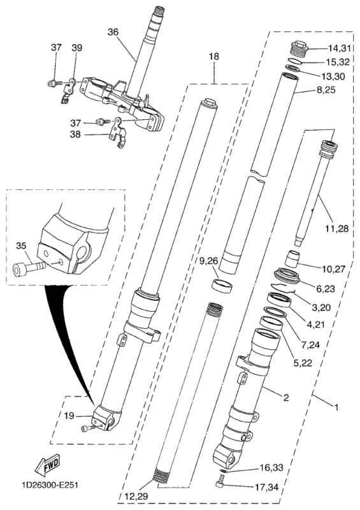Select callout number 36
pos(113,32)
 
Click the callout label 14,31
pos(339,48)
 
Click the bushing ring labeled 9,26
pos(222,285)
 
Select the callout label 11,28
pos(336,229)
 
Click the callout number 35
pos(21,245)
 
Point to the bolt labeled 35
pos(30,268)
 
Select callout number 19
pos(69,416)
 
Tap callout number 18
pos(214,56)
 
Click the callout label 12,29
pos(136,497)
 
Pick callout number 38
pos(75,134)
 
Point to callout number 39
pos(77,47)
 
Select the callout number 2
pos(287,397)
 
